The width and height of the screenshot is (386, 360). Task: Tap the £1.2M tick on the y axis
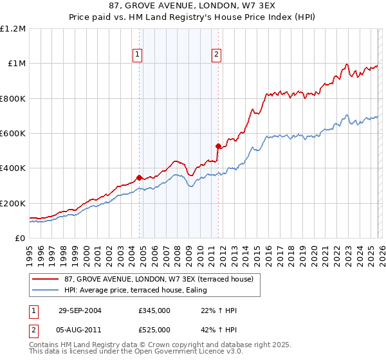tap(13, 29)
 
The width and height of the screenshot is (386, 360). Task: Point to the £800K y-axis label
tap(13, 98)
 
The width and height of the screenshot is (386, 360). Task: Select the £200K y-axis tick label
tap(13, 203)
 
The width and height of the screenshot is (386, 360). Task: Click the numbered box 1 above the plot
tap(138, 55)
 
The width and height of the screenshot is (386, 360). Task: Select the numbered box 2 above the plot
tap(217, 55)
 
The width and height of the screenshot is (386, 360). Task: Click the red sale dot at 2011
tap(218, 146)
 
